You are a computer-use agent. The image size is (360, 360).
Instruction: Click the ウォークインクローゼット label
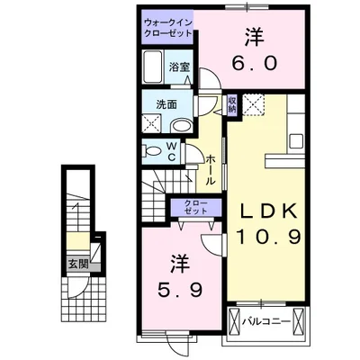(x=167, y=25)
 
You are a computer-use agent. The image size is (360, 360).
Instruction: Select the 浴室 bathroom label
(x=179, y=66)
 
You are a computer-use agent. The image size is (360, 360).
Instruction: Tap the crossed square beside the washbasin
(x=152, y=125)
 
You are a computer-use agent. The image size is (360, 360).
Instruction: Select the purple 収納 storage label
(x=231, y=103)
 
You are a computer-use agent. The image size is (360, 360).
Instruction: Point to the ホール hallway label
(x=210, y=168)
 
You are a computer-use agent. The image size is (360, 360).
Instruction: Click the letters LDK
(x=266, y=213)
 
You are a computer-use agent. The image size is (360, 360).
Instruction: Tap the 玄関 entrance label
(x=78, y=264)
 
